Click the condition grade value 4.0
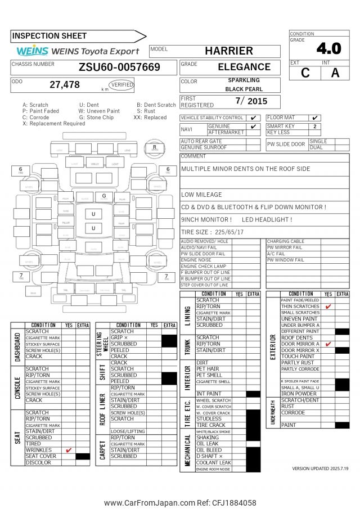click(x=328, y=48)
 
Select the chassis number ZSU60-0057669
click(x=119, y=67)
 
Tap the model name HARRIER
click(x=228, y=51)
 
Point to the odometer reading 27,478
click(x=65, y=85)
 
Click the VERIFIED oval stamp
click(x=122, y=85)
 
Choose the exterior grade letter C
click(x=305, y=73)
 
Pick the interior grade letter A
click(x=335, y=73)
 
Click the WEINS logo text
click(x=33, y=51)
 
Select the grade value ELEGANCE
click(x=244, y=67)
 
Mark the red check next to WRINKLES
click(x=69, y=450)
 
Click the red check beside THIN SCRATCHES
click(x=328, y=307)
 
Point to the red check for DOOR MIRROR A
click(x=328, y=344)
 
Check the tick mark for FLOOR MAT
click(x=314, y=118)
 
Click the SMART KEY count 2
click(x=314, y=127)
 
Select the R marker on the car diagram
click(x=154, y=147)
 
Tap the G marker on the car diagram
click(x=104, y=196)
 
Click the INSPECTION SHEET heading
click(x=49, y=37)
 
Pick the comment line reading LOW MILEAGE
click(x=201, y=195)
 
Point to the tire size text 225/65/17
click(x=228, y=232)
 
